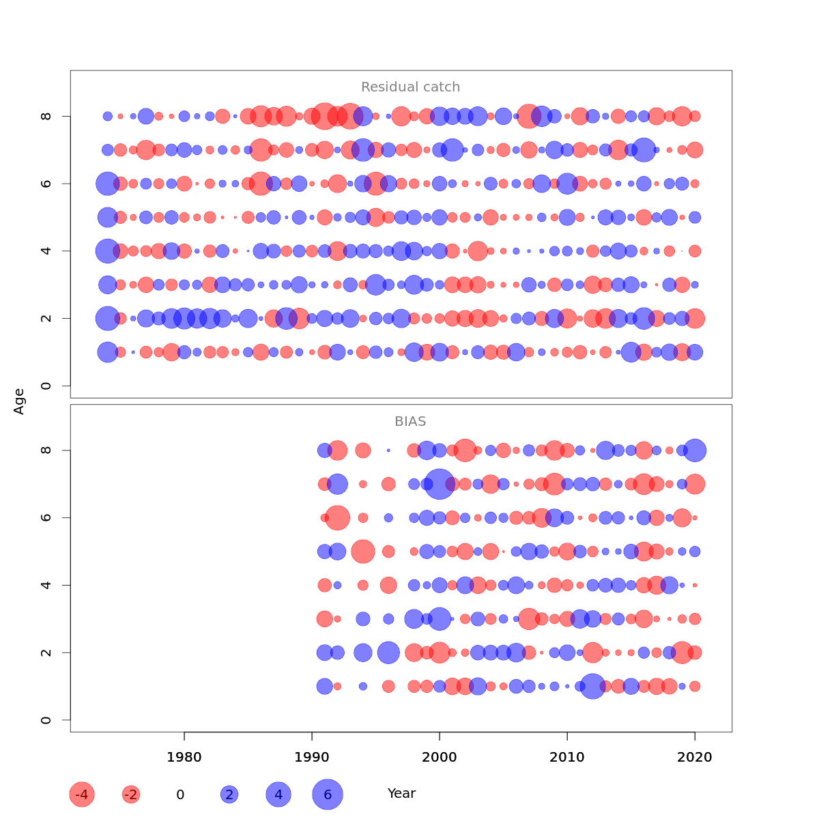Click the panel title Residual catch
tap(410, 87)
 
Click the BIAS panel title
tap(410, 422)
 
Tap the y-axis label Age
tap(19, 401)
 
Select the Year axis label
tap(401, 794)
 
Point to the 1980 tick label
tap(184, 758)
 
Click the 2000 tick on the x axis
tap(440, 758)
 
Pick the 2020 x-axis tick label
tap(695, 758)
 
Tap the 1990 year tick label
tap(312, 758)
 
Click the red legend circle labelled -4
tap(82, 794)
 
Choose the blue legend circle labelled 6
tap(328, 794)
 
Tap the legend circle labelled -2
tap(131, 794)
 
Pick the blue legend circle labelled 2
tap(229, 794)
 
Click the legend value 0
tap(180, 794)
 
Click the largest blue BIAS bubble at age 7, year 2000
tap(440, 484)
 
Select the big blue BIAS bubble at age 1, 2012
tap(592, 686)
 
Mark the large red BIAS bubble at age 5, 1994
tap(363, 551)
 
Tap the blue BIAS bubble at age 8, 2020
tap(695, 450)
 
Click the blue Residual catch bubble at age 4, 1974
tap(107, 251)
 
